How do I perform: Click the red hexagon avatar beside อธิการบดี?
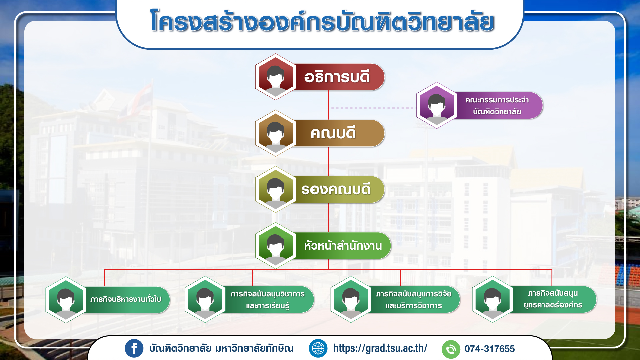tap(275, 77)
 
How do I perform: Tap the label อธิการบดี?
tap(337, 77)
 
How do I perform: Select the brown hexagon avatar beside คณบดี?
tap(275, 133)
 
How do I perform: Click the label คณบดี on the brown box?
tap(333, 133)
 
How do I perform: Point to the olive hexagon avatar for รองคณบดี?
tap(275, 189)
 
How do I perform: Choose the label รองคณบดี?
tap(336, 189)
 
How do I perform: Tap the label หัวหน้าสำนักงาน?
tap(343, 246)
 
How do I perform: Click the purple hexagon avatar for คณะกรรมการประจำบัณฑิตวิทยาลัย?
tap(437, 105)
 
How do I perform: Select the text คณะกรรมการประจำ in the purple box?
tap(497, 100)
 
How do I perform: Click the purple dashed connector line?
tap(372, 108)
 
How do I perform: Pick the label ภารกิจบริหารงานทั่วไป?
tap(126, 299)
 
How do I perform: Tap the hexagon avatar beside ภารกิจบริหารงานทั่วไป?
tap(66, 300)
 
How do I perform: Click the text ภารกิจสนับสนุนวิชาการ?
tap(267, 294)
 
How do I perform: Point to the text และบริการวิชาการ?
tap(414, 306)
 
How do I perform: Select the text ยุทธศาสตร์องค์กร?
tap(553, 305)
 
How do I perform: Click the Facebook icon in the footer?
tap(134, 349)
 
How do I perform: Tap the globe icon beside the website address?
tap(318, 349)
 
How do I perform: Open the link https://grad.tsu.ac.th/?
tap(380, 348)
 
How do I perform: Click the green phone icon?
tap(451, 349)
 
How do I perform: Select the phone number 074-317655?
tap(490, 349)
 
